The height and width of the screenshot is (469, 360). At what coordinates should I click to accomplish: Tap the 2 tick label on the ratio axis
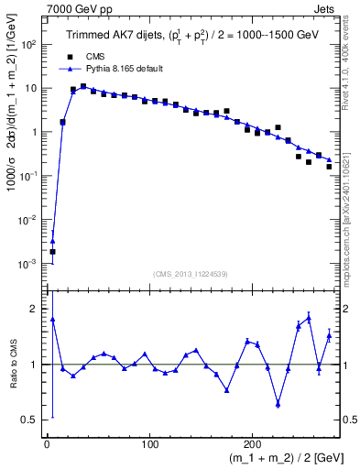[x=35, y=309]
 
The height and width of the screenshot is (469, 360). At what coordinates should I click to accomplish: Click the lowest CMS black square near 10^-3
[x=52, y=251]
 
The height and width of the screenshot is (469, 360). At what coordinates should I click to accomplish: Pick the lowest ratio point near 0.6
[x=278, y=404]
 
